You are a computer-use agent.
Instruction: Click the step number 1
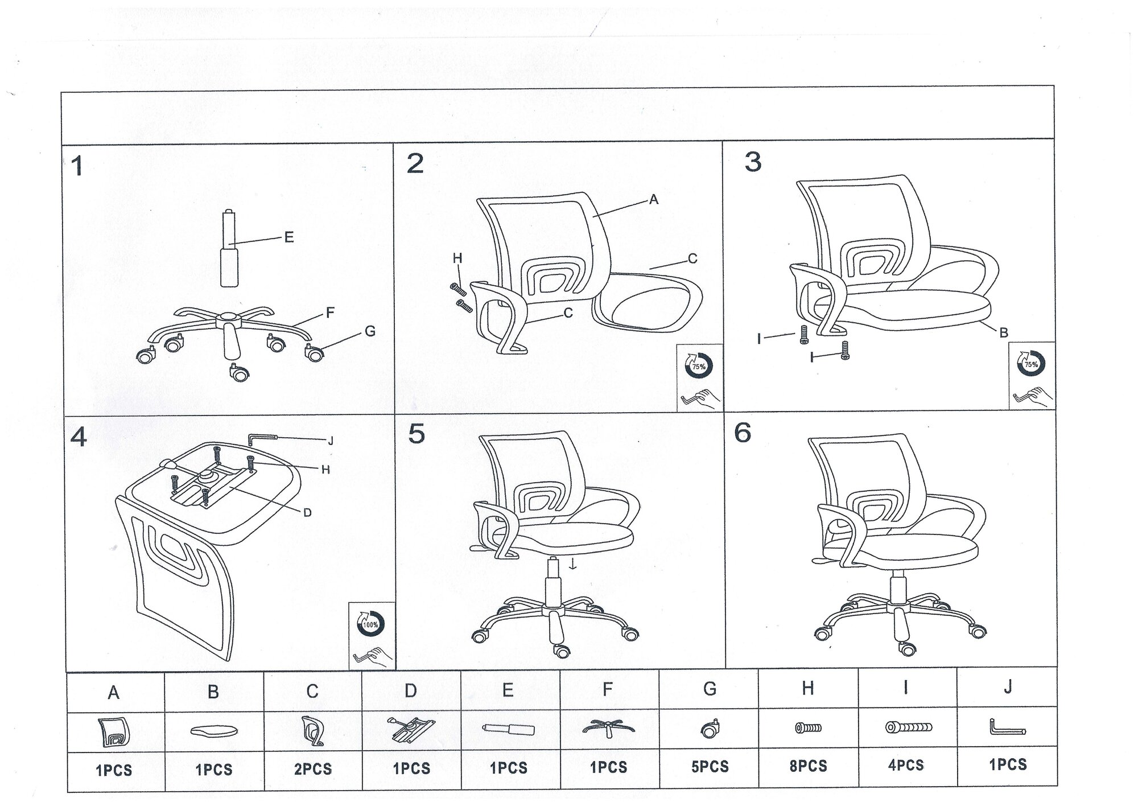tap(77, 167)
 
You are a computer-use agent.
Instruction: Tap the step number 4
tap(79, 437)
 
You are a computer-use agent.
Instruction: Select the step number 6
tap(743, 433)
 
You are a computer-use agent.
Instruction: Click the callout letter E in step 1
tap(289, 237)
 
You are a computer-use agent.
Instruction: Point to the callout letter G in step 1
tap(370, 331)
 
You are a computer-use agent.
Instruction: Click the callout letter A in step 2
tap(654, 199)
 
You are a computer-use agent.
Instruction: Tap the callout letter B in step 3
tap(1004, 333)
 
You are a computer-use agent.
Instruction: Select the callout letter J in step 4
tap(331, 441)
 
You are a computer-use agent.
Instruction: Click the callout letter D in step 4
tap(307, 513)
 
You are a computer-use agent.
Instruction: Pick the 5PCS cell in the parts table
tap(710, 767)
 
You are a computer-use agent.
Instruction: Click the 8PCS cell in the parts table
tap(808, 766)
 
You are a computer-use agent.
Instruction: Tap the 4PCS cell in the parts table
tap(906, 765)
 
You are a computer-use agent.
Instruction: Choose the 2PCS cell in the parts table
tap(312, 769)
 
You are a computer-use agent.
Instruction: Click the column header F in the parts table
tap(608, 689)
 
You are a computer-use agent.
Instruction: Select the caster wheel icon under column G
tap(710, 729)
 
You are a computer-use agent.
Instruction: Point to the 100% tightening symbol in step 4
tap(370, 624)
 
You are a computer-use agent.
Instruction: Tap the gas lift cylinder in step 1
tap(229, 249)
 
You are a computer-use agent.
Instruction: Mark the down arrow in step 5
tap(574, 564)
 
